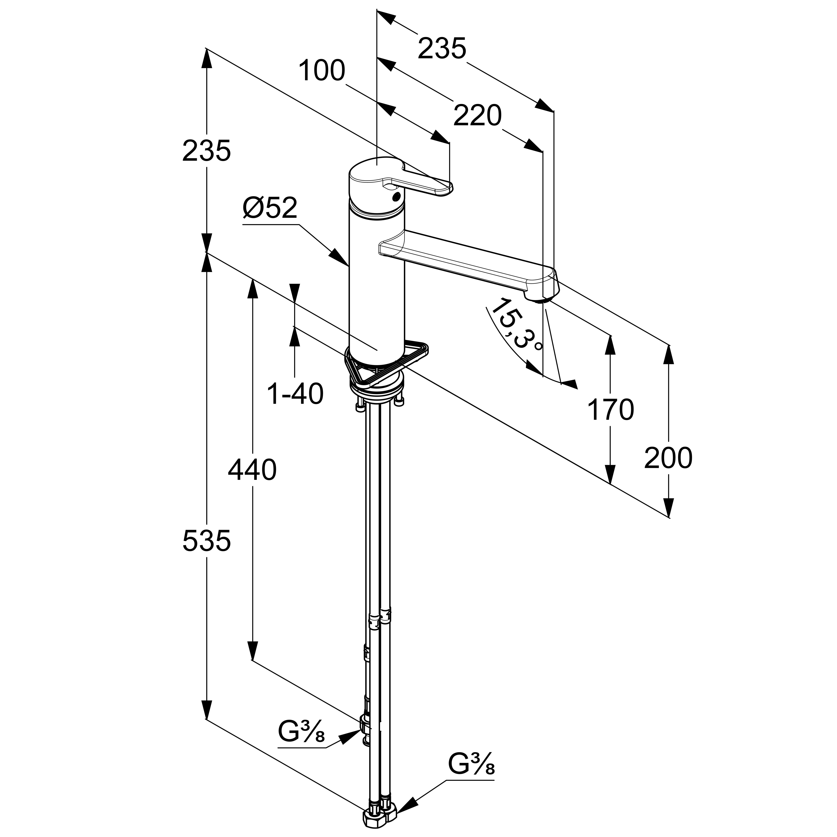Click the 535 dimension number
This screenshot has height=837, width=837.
tap(207, 541)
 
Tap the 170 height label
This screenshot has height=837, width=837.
tap(610, 410)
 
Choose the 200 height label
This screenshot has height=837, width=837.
tap(669, 458)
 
